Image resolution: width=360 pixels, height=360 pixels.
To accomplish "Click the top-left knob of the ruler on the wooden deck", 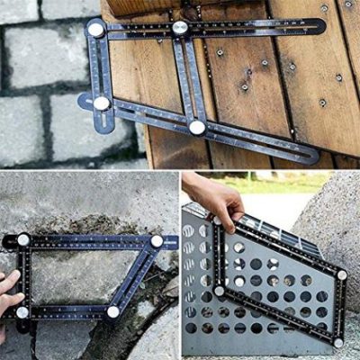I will pos(95,30).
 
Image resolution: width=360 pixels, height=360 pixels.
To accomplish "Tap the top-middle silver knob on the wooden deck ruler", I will pos(180,28).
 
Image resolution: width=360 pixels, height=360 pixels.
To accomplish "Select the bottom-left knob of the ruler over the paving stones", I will pos(102,103).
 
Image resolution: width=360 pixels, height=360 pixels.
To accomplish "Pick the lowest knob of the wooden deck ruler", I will pos(197,128).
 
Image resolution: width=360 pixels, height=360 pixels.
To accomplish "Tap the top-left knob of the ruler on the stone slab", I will pos(23,240).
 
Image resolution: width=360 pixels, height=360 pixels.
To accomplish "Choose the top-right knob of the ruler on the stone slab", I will pos(157,241).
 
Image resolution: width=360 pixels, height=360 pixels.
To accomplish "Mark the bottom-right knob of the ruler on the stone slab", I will pos(113,312).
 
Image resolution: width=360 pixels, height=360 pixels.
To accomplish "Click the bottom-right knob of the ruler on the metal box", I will pos(338,342).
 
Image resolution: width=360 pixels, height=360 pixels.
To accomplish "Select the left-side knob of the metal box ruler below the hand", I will pos(219,291).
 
